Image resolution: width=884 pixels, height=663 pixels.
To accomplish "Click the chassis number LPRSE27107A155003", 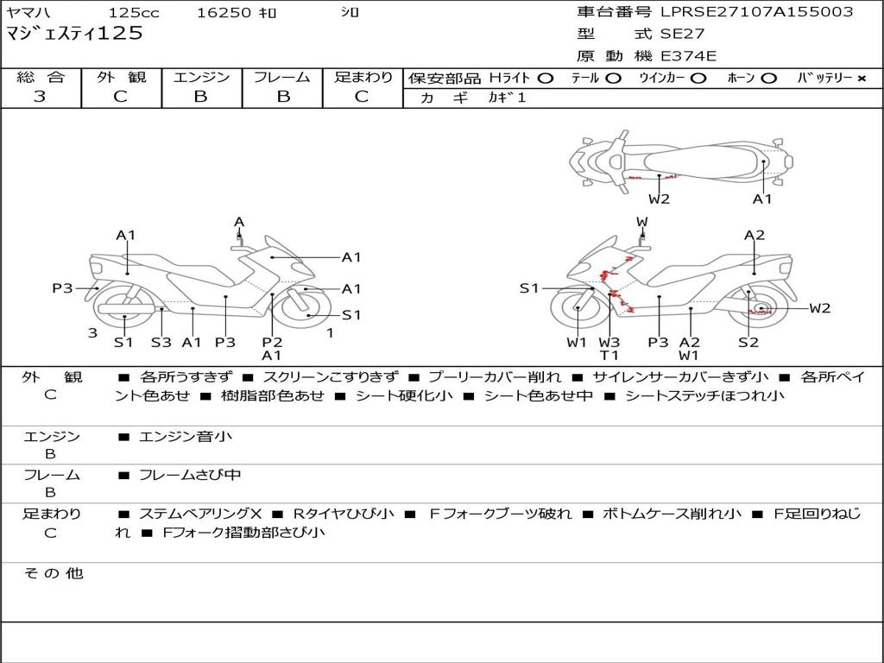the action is (756, 11).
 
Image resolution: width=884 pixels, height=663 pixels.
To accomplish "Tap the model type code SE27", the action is (682, 34).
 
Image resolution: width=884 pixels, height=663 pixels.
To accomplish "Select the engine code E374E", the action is (688, 56).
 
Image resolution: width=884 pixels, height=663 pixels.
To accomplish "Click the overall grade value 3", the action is (40, 97).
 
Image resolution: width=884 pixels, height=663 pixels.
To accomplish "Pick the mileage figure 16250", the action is (224, 12).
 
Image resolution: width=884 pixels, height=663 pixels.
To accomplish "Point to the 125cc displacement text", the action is (134, 12).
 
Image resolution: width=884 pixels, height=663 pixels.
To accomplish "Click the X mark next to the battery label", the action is (862, 79).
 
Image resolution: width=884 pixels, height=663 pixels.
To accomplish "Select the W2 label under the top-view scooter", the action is (659, 199).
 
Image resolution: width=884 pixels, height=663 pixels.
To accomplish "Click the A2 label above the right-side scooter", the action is (755, 235).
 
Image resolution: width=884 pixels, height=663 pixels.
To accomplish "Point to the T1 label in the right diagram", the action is (609, 355).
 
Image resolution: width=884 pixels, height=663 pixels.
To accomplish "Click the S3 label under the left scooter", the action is (161, 342).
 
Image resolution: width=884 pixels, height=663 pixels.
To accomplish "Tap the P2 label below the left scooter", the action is (272, 342).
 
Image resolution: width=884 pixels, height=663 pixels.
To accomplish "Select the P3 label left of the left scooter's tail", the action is (62, 288).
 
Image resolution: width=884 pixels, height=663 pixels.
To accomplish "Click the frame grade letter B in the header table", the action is (283, 97).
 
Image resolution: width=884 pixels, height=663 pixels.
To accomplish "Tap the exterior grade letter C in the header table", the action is (121, 97).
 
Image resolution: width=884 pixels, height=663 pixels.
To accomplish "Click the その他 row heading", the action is (53, 573).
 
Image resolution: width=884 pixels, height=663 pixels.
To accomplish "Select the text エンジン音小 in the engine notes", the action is (186, 436).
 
